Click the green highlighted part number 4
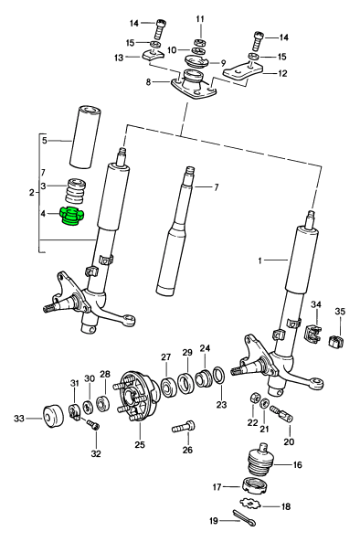pyautogui.click(x=73, y=216)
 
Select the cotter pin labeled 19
pyautogui.click(x=244, y=517)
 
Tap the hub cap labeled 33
pyautogui.click(x=53, y=417)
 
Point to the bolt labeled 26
pyautogui.click(x=184, y=426)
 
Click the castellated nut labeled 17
pyautogui.click(x=256, y=486)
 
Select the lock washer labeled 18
pyautogui.click(x=250, y=504)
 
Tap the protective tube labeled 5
pyautogui.click(x=84, y=137)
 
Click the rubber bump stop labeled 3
pyautogui.click(x=76, y=191)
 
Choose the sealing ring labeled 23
pyautogui.click(x=219, y=376)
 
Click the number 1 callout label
pyautogui.click(x=259, y=260)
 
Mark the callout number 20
pyautogui.click(x=289, y=441)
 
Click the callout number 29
pyautogui.click(x=187, y=353)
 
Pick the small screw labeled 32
pyautogui.click(x=93, y=425)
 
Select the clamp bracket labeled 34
pyautogui.click(x=313, y=335)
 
